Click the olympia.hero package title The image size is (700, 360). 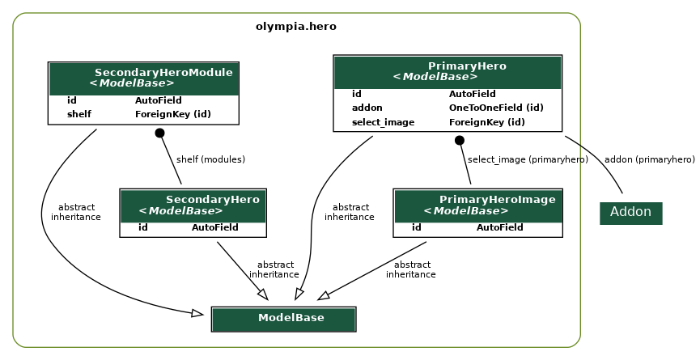295,26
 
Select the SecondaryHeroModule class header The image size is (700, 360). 143,78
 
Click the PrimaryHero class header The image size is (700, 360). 448,71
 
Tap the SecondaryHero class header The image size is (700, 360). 193,205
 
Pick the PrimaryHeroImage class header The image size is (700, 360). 477,205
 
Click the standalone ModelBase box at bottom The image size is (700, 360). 284,318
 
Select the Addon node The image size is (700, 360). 630,212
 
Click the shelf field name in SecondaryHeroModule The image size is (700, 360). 78,114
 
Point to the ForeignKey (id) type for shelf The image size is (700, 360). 172,114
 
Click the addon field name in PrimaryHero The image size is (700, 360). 367,108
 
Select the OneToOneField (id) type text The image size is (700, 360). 495,108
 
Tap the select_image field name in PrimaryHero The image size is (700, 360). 383,122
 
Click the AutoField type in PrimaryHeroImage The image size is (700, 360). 499,227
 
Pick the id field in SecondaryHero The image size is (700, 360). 142,227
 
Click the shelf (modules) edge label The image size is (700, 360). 210,159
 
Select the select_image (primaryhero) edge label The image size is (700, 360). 528,159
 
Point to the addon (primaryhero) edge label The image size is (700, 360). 649,159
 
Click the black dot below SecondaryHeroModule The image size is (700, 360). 159,133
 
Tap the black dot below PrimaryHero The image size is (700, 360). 460,140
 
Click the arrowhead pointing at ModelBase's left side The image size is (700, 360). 197,313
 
